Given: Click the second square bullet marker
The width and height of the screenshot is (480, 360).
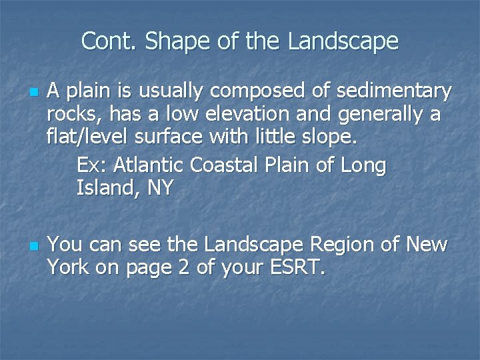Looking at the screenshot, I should click(33, 246).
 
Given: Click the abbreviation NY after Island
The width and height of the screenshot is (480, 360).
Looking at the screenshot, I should click(159, 188).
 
